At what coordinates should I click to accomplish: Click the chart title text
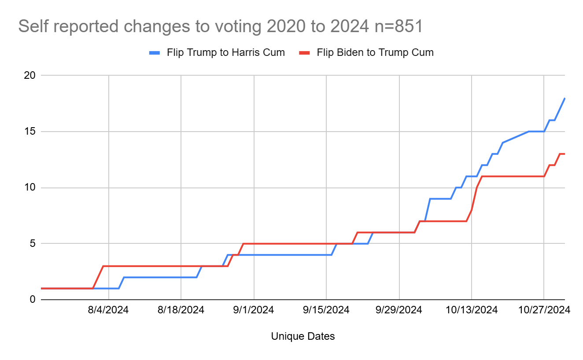point(220,26)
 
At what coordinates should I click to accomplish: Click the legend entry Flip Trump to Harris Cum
point(225,52)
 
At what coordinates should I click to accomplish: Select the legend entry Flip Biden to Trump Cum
point(375,52)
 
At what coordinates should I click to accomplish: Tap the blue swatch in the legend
point(155,53)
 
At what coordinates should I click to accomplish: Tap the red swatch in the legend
point(305,53)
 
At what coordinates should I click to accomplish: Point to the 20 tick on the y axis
point(30,75)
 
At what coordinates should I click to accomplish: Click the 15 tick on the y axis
point(30,132)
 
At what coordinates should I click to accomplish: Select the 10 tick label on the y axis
point(30,187)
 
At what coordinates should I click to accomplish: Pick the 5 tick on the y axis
point(32,243)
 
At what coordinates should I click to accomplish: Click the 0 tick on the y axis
point(32,299)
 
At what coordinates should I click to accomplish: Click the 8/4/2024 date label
point(108,310)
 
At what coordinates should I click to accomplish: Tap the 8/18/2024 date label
point(181,310)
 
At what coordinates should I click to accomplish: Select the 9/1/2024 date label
point(254,310)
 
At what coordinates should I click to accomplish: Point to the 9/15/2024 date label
point(326,310)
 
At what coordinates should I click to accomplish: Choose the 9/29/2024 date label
point(399,310)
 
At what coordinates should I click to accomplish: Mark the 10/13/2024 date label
point(471,310)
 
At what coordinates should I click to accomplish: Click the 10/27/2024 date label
point(544,310)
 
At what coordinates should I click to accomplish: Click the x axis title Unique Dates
point(303,337)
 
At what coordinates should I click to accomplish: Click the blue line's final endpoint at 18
point(565,98)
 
